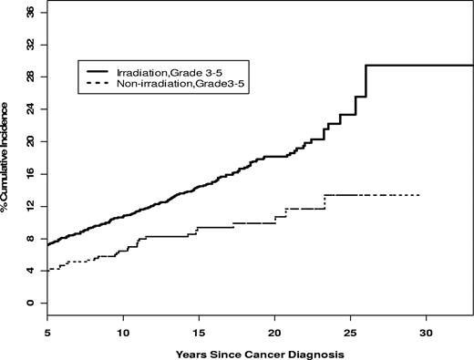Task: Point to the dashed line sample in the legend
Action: pyautogui.click(x=97, y=85)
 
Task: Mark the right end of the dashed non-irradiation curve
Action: pyautogui.click(x=418, y=195)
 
